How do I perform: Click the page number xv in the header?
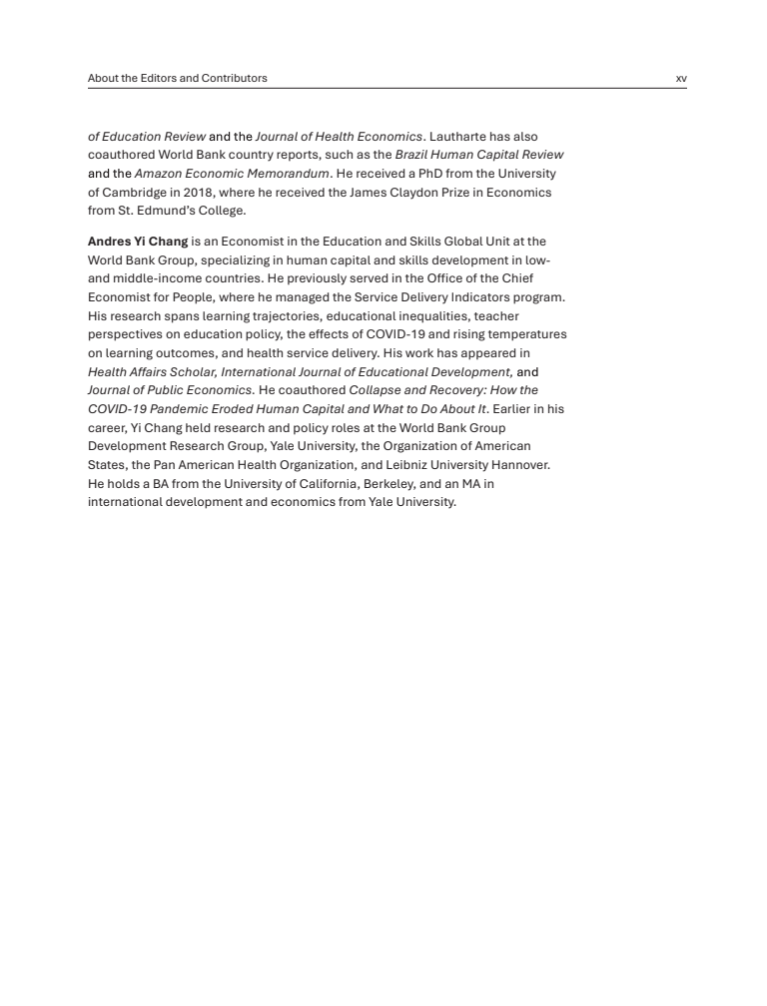[x=681, y=78]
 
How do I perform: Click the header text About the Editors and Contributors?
[x=178, y=78]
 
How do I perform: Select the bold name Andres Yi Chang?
[x=138, y=242]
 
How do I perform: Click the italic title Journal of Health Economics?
[x=339, y=136]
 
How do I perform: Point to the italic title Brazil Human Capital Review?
[x=479, y=155]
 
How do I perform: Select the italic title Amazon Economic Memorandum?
[x=232, y=174]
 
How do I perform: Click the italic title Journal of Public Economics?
[x=170, y=390]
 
